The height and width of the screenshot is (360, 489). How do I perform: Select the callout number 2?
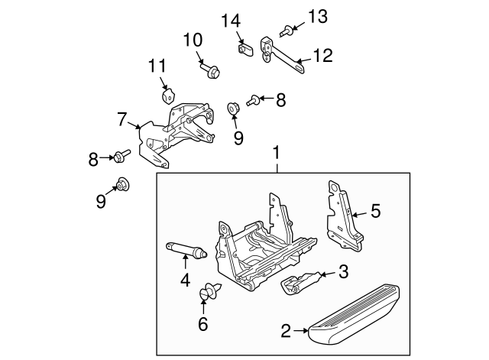(x=285, y=331)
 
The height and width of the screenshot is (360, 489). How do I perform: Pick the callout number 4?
(x=186, y=281)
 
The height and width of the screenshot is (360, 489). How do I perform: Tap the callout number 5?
(x=375, y=211)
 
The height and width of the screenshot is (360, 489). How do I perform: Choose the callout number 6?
(x=203, y=324)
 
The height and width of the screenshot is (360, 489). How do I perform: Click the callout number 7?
(x=121, y=118)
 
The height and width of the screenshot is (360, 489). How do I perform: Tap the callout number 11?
(x=157, y=66)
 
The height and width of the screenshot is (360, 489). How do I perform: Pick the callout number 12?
(x=323, y=55)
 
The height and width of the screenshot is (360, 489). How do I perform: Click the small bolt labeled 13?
(x=285, y=31)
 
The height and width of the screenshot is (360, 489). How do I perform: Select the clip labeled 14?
(x=245, y=49)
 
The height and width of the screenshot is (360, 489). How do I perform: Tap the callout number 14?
(x=232, y=21)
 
